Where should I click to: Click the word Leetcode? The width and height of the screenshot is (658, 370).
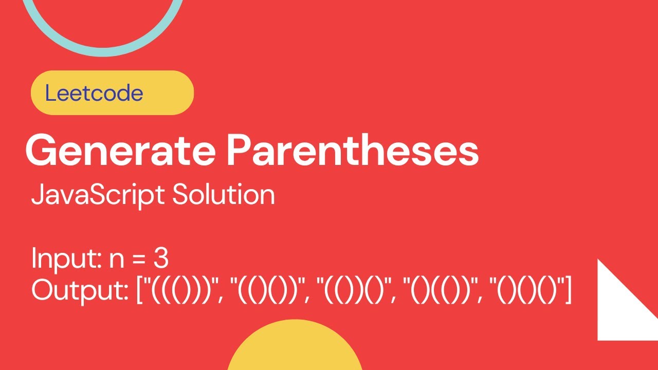pos(94,93)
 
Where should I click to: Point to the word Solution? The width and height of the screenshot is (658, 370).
pos(223,195)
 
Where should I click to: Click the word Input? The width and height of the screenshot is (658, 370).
pos(64,259)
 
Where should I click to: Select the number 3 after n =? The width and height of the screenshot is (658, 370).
pos(160,259)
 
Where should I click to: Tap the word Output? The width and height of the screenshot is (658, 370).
pos(79,290)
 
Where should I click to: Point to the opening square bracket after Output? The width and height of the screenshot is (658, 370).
pos(139,291)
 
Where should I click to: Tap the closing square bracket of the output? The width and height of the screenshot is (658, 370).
pos(568,291)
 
